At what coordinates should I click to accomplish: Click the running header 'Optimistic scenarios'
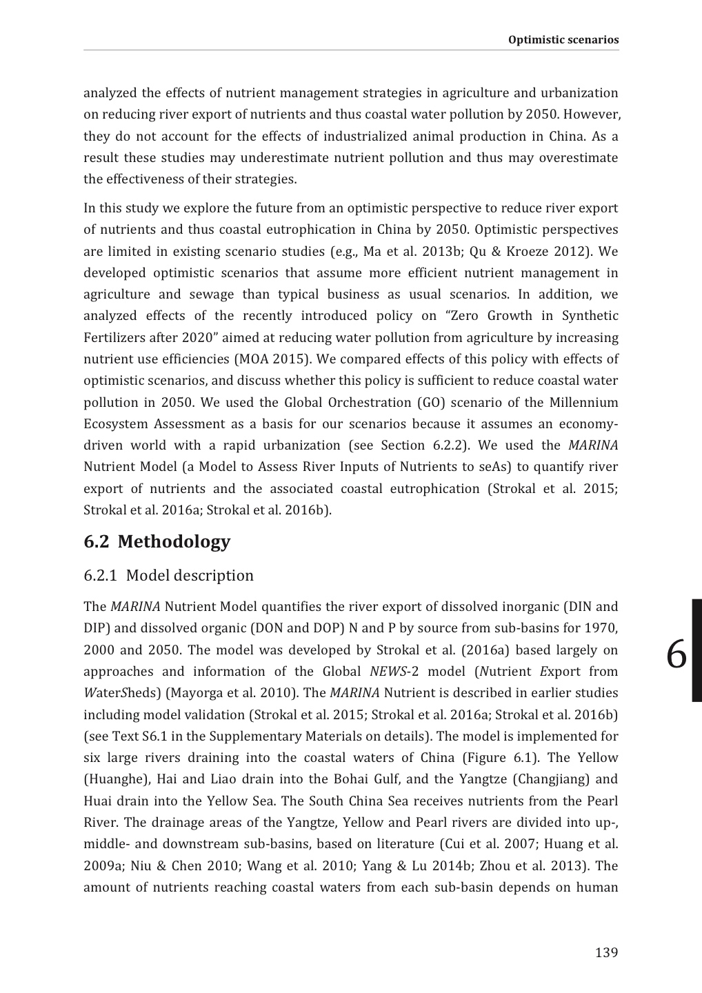[x=563, y=39]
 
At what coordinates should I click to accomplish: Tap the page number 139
[x=606, y=952]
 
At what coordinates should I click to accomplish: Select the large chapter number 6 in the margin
[x=677, y=654]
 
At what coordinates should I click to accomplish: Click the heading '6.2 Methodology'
[x=157, y=541]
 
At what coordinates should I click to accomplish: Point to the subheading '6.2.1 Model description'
[x=168, y=575]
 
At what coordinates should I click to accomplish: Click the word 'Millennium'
[x=583, y=402]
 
